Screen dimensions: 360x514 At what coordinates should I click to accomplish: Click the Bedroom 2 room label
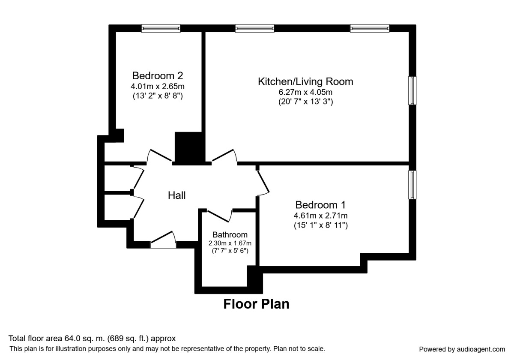(x=158, y=76)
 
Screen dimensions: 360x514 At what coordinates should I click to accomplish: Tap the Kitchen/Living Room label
(x=305, y=81)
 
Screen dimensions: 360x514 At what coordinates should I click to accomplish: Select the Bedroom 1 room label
(x=320, y=205)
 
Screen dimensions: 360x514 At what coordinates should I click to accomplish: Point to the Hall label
(x=176, y=195)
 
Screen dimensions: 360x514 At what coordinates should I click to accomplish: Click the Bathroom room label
(x=230, y=235)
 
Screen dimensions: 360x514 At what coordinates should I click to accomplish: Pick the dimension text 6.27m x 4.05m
(x=305, y=92)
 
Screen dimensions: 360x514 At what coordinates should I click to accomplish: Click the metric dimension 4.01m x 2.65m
(x=158, y=87)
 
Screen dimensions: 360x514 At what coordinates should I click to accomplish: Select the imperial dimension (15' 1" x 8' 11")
(x=320, y=225)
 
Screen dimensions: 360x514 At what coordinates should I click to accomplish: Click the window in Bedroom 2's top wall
(x=161, y=28)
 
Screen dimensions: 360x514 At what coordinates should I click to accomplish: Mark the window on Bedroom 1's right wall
(x=412, y=185)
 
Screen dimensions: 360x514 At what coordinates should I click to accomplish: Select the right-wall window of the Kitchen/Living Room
(x=412, y=90)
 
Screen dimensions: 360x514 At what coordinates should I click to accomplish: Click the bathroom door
(x=219, y=214)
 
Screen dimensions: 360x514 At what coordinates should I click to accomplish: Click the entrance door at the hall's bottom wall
(x=163, y=240)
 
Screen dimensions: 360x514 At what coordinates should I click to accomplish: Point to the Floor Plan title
(x=256, y=304)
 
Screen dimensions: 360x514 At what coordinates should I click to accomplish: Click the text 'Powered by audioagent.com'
(x=462, y=349)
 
